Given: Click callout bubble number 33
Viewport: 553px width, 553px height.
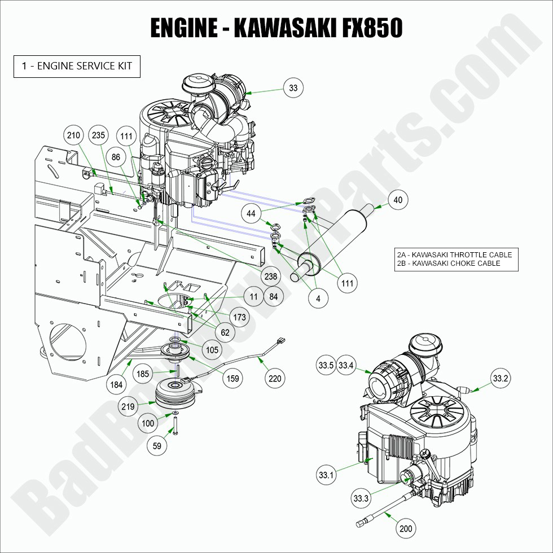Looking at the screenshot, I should point(293,88).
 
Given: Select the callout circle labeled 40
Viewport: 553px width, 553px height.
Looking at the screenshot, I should point(398,200).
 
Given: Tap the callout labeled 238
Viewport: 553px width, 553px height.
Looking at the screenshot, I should point(271,276).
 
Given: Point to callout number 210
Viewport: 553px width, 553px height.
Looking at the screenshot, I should point(74,135).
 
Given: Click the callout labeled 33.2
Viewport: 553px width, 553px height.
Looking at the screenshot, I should point(500,379).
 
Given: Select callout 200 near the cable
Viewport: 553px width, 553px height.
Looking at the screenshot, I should point(405,529).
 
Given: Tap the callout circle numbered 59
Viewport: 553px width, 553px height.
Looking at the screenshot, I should point(157,446).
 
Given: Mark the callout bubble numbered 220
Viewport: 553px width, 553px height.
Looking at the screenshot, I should point(275,378).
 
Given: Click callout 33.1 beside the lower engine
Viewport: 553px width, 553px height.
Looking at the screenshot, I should point(327,476).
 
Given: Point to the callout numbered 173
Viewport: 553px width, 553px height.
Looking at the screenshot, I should point(240,318).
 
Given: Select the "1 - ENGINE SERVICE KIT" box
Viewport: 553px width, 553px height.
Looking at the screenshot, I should point(77,66).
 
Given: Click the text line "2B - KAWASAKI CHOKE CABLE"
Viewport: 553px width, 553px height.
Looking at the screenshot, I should point(449,264).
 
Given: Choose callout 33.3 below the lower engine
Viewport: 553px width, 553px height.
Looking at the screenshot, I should point(361,498).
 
